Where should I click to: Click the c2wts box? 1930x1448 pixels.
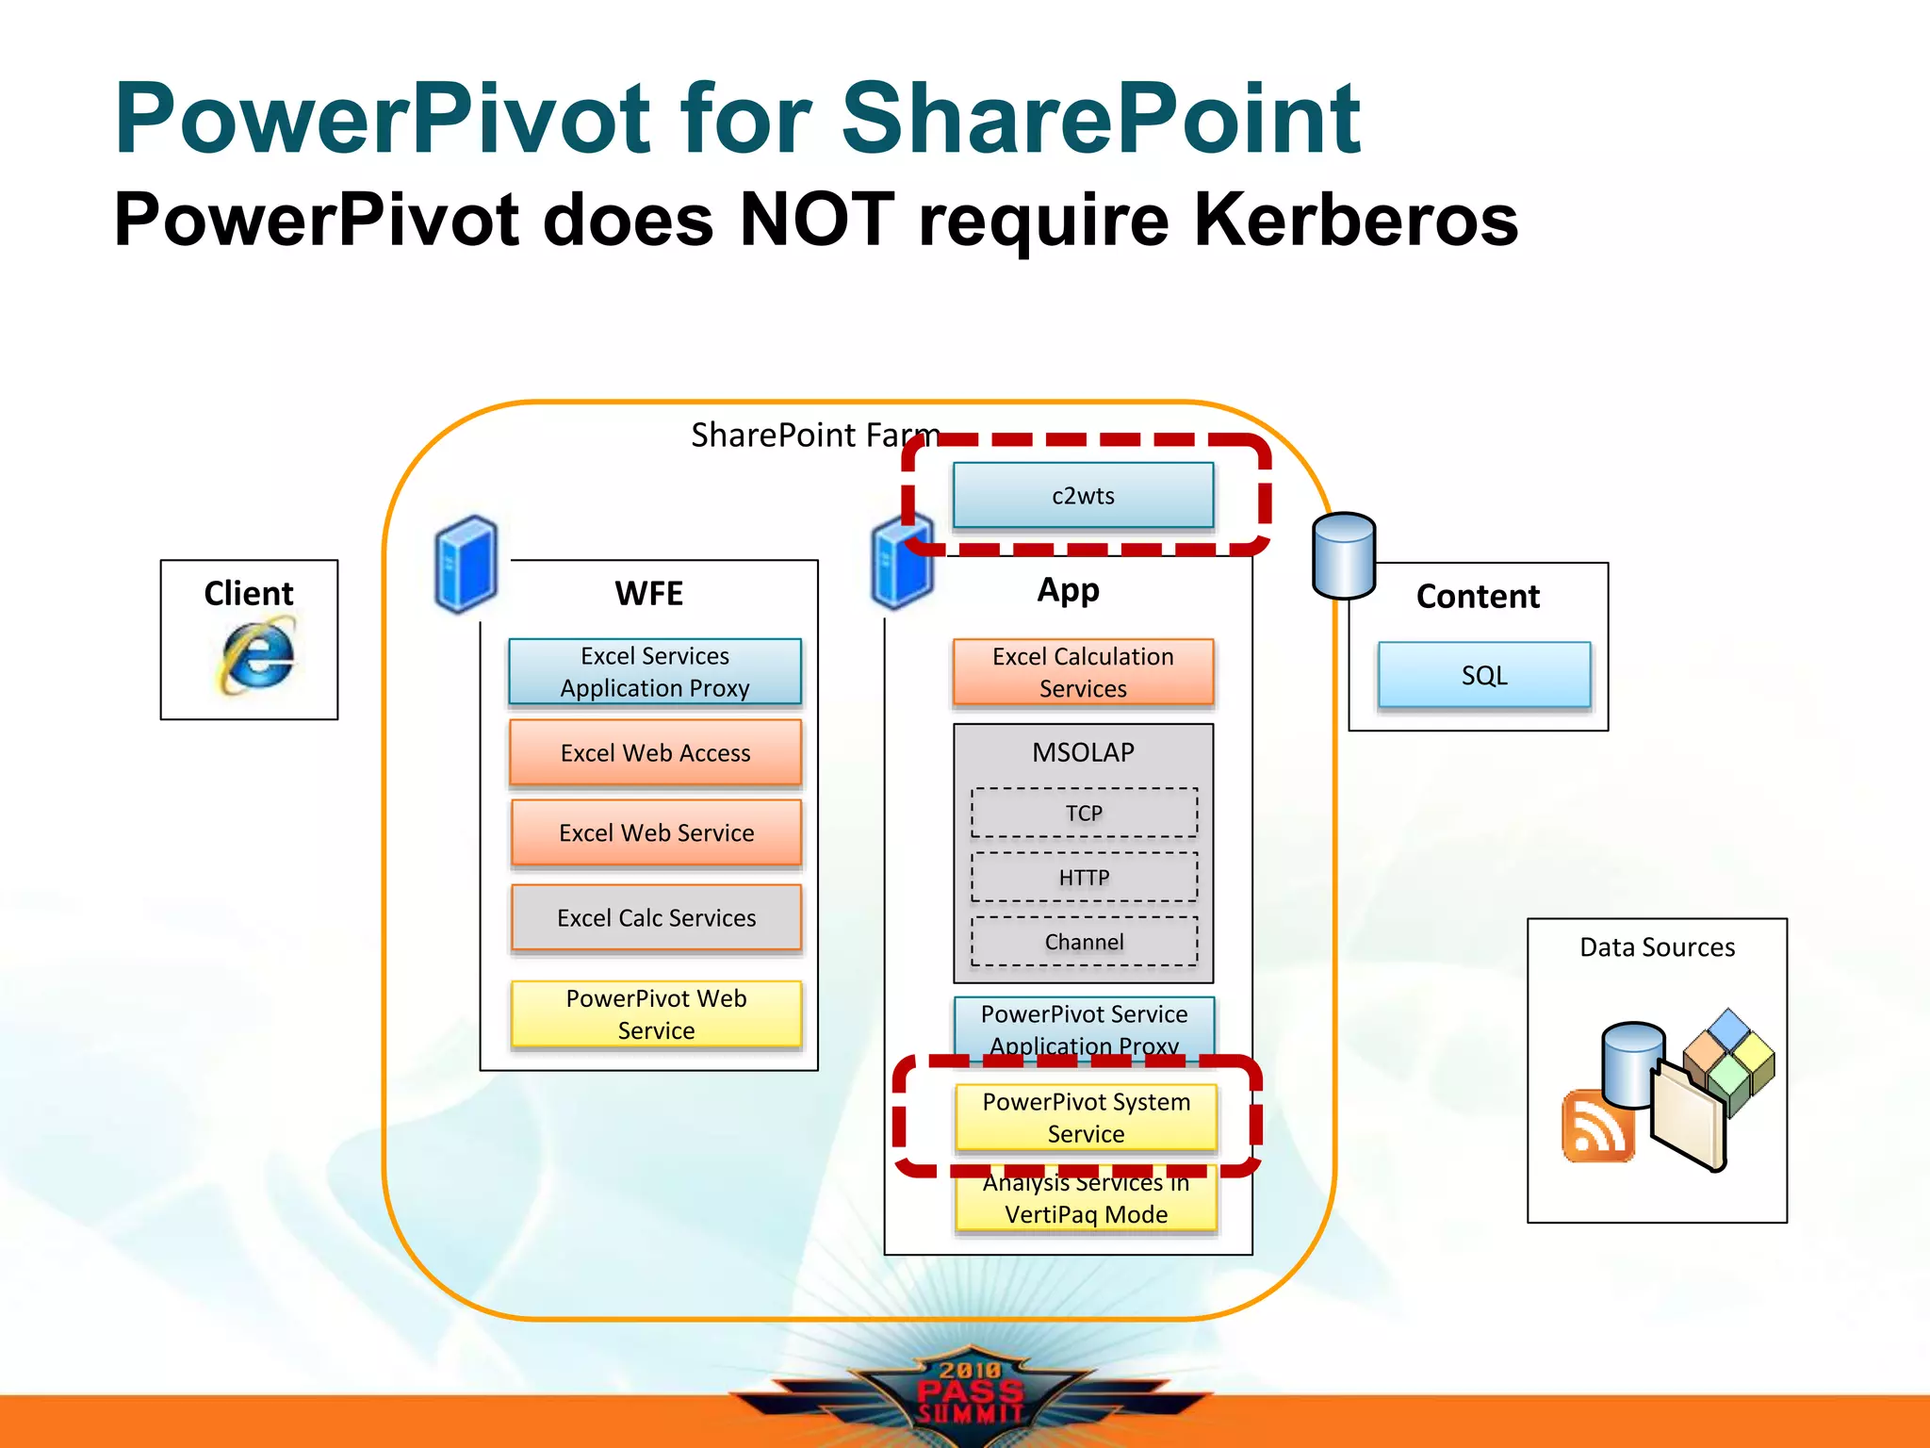(x=1083, y=495)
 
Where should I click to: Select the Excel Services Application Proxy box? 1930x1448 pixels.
(x=655, y=671)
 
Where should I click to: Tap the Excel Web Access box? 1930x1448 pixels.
(x=655, y=752)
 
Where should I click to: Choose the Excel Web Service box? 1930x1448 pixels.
(x=656, y=832)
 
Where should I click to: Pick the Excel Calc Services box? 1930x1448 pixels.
(x=656, y=917)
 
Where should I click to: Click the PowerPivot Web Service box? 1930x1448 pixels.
(x=656, y=1013)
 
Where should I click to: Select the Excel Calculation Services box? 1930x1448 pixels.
(x=1083, y=671)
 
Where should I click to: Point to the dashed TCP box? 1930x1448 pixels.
(x=1084, y=813)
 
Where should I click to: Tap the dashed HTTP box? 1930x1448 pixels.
(x=1084, y=878)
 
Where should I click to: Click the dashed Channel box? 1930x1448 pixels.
(x=1084, y=942)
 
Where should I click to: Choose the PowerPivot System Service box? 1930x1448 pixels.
(x=1086, y=1117)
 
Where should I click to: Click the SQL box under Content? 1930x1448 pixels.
(x=1484, y=675)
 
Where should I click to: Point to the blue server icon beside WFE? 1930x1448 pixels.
(x=466, y=564)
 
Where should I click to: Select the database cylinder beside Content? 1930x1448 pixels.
(x=1344, y=555)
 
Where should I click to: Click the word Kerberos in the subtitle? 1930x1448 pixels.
(x=1356, y=220)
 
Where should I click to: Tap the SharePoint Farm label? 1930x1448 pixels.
(x=815, y=435)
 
